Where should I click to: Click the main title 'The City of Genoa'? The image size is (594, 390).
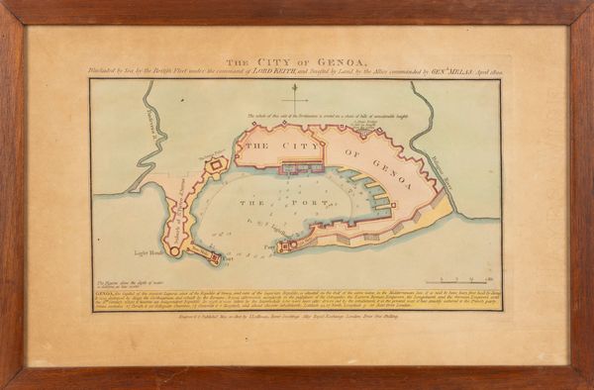(296, 59)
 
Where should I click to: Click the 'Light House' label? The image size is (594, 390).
(148, 252)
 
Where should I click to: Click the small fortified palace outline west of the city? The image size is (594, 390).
(217, 163)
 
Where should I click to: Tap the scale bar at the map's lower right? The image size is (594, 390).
(454, 283)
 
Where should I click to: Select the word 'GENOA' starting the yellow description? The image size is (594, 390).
(106, 295)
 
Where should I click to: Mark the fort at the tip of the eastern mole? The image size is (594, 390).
(285, 244)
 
